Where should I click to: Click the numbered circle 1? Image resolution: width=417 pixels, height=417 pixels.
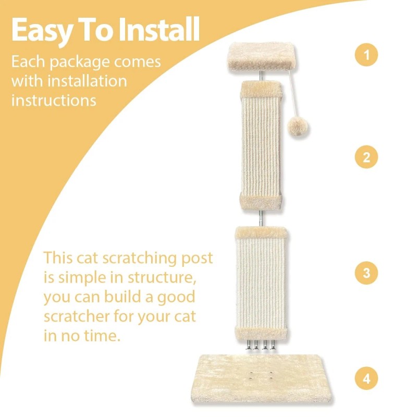pyautogui.click(x=366, y=55)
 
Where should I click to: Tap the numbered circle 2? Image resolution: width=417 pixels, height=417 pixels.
pyautogui.click(x=366, y=157)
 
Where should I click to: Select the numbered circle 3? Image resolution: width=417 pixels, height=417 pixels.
pyautogui.click(x=366, y=273)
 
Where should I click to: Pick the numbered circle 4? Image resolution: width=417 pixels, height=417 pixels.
pyautogui.click(x=366, y=378)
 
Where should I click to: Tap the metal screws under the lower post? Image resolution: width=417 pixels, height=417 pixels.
pyautogui.click(x=259, y=345)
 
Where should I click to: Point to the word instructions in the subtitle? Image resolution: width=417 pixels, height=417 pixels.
pyautogui.click(x=54, y=100)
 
